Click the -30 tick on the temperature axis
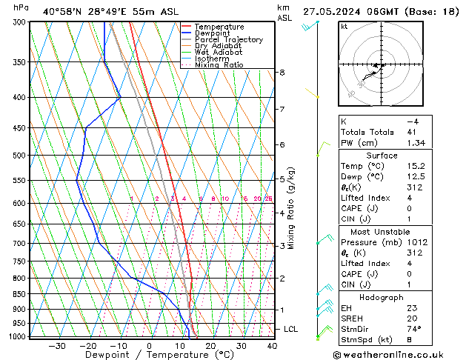coord(56,345)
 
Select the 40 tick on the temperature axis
coord(272,345)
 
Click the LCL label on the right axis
coord(290,329)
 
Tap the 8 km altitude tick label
coord(282,73)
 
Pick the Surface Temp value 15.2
coord(415,166)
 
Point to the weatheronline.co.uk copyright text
coord(398,354)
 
